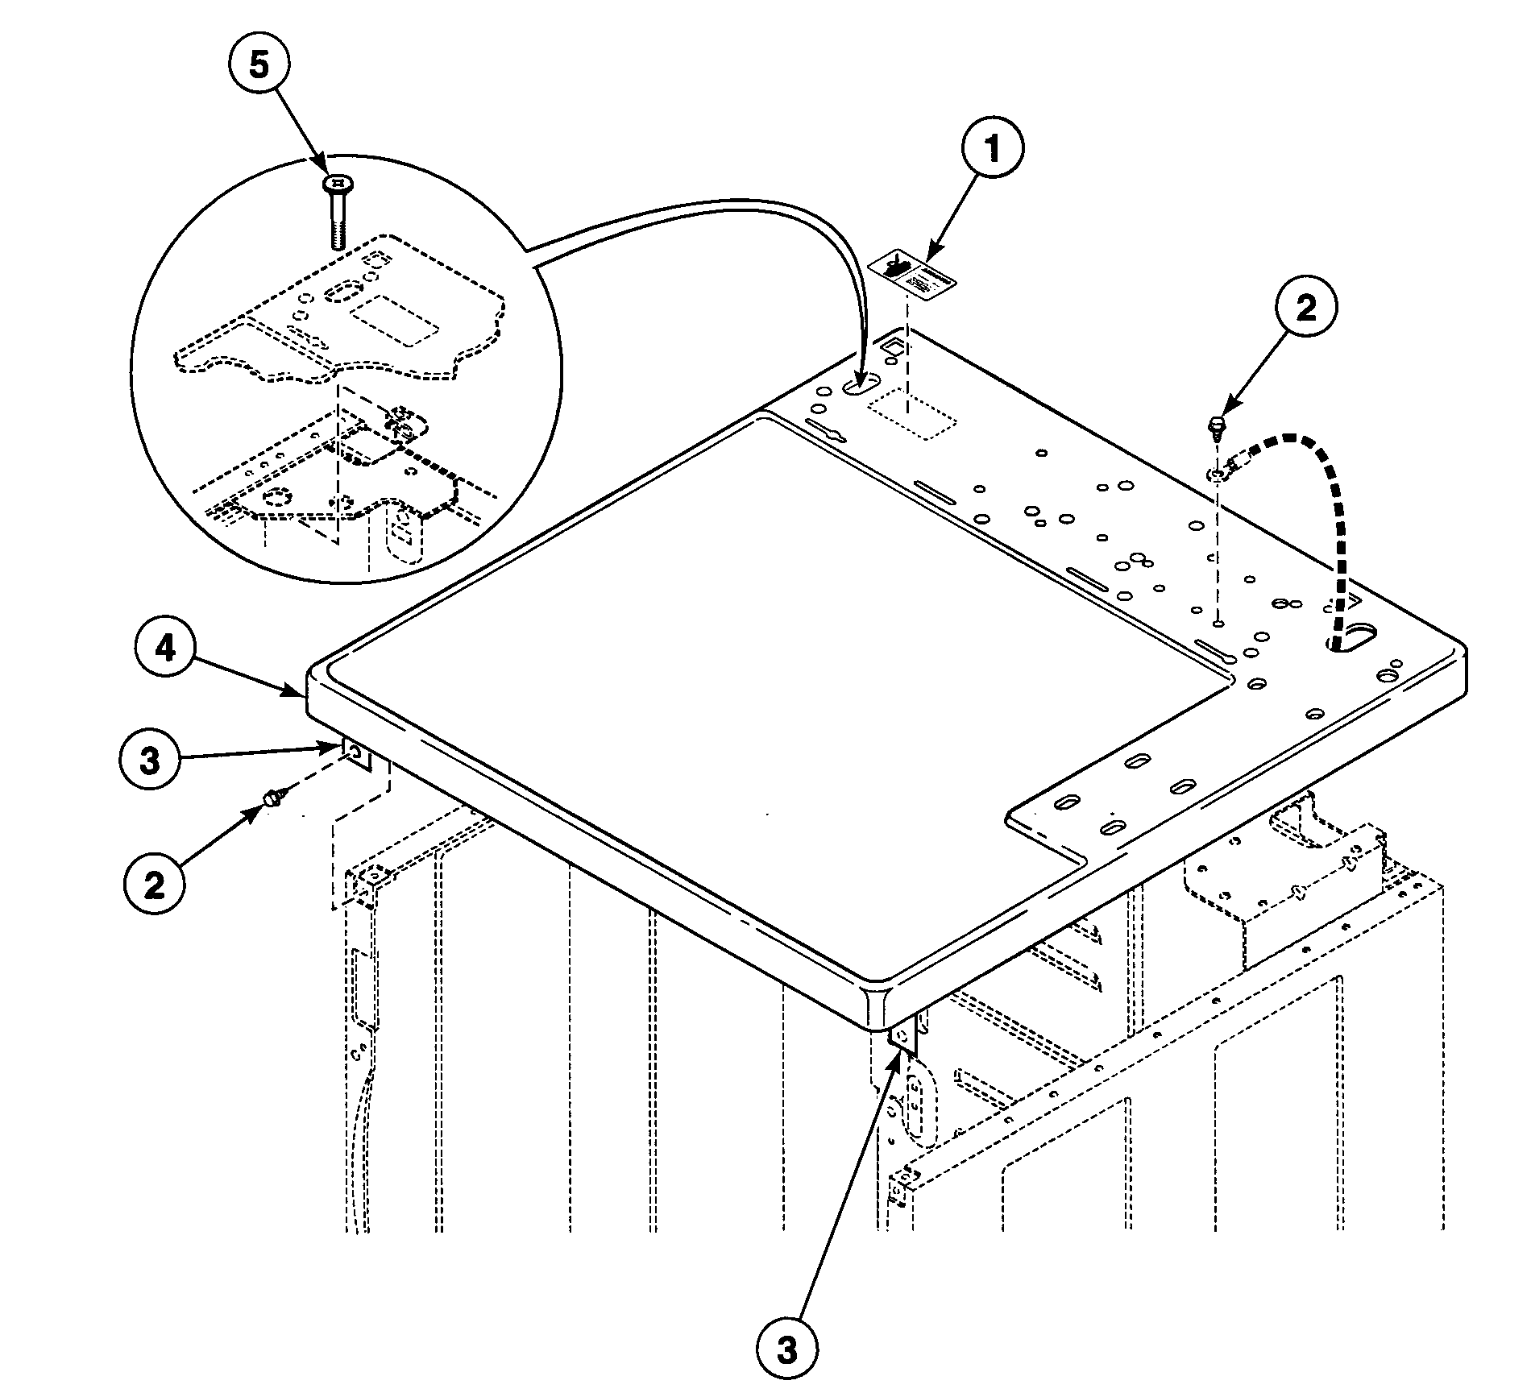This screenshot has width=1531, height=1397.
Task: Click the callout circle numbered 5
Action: pyautogui.click(x=259, y=65)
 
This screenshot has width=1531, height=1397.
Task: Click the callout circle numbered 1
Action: pyautogui.click(x=992, y=150)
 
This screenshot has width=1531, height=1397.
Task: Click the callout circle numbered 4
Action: pyautogui.click(x=166, y=648)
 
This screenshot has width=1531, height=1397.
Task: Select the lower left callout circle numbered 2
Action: pyautogui.click(x=155, y=885)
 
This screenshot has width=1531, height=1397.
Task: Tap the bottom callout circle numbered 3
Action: pyautogui.click(x=787, y=1349)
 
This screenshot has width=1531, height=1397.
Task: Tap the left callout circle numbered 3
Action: pyautogui.click(x=151, y=761)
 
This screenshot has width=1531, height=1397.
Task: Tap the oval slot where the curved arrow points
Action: pyautogui.click(x=861, y=387)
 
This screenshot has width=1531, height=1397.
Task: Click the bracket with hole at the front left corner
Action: pyautogui.click(x=356, y=755)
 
